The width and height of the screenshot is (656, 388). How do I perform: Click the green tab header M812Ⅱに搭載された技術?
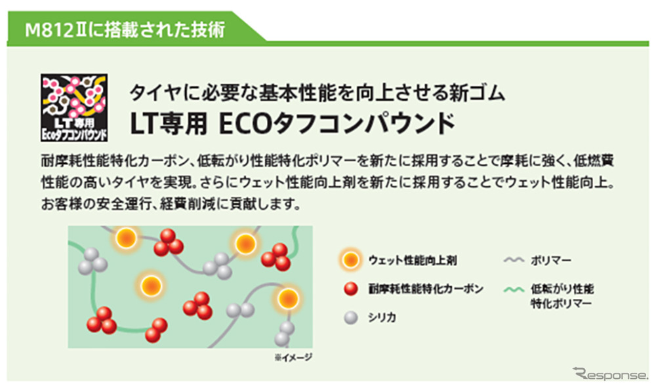[125, 30]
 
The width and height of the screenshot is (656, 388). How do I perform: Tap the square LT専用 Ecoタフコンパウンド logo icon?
[74, 107]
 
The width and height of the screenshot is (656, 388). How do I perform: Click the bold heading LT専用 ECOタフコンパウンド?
[292, 124]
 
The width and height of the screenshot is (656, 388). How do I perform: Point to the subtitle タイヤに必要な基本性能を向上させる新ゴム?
[318, 92]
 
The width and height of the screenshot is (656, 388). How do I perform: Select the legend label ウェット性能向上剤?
[413, 260]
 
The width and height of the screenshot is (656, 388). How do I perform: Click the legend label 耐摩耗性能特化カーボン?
[426, 288]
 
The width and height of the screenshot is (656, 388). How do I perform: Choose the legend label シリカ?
[382, 317]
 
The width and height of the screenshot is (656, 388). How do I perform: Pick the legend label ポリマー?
[551, 260]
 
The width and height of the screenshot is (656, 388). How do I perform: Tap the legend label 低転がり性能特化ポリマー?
[562, 296]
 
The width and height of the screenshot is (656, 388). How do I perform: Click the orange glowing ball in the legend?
[350, 260]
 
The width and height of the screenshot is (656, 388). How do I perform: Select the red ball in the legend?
[350, 288]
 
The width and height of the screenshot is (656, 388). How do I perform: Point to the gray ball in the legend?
[350, 318]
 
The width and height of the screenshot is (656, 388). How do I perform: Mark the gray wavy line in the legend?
[514, 260]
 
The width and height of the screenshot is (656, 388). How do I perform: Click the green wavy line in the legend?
[514, 289]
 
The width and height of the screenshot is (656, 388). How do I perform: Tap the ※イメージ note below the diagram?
[293, 357]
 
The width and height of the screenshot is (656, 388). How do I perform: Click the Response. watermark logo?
[611, 373]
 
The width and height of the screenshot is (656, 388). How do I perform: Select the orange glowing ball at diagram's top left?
[126, 239]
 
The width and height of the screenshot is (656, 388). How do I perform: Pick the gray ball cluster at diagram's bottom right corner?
[285, 334]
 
